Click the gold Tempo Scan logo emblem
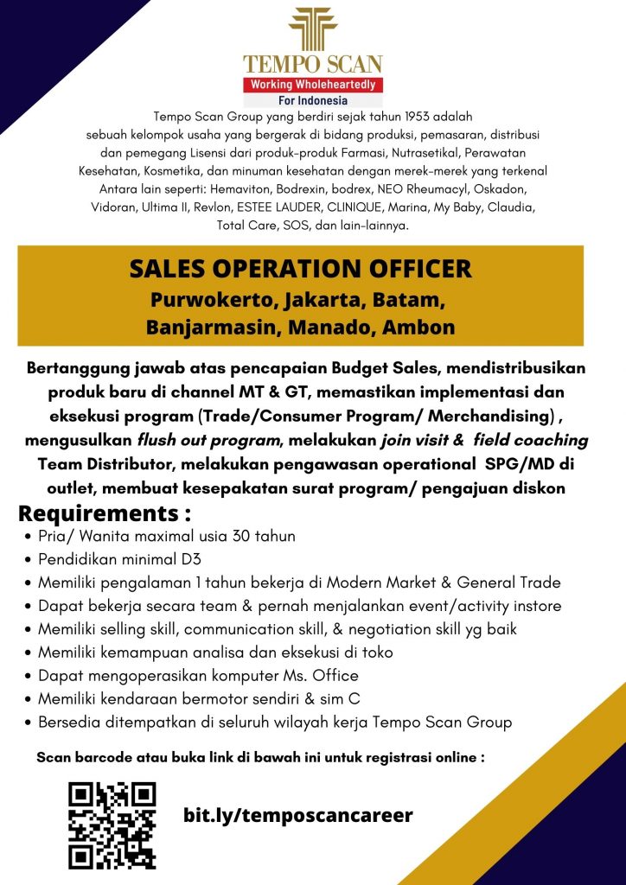[x=313, y=29]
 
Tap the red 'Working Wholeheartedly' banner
[x=313, y=85]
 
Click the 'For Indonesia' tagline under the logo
[x=313, y=99]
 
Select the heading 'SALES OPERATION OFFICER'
[x=301, y=269]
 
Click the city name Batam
[x=412, y=302]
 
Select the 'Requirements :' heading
[x=105, y=514]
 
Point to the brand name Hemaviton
[x=278, y=188]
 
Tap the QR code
[x=112, y=825]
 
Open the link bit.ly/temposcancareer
[x=298, y=815]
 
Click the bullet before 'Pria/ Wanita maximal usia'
[x=31, y=537]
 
